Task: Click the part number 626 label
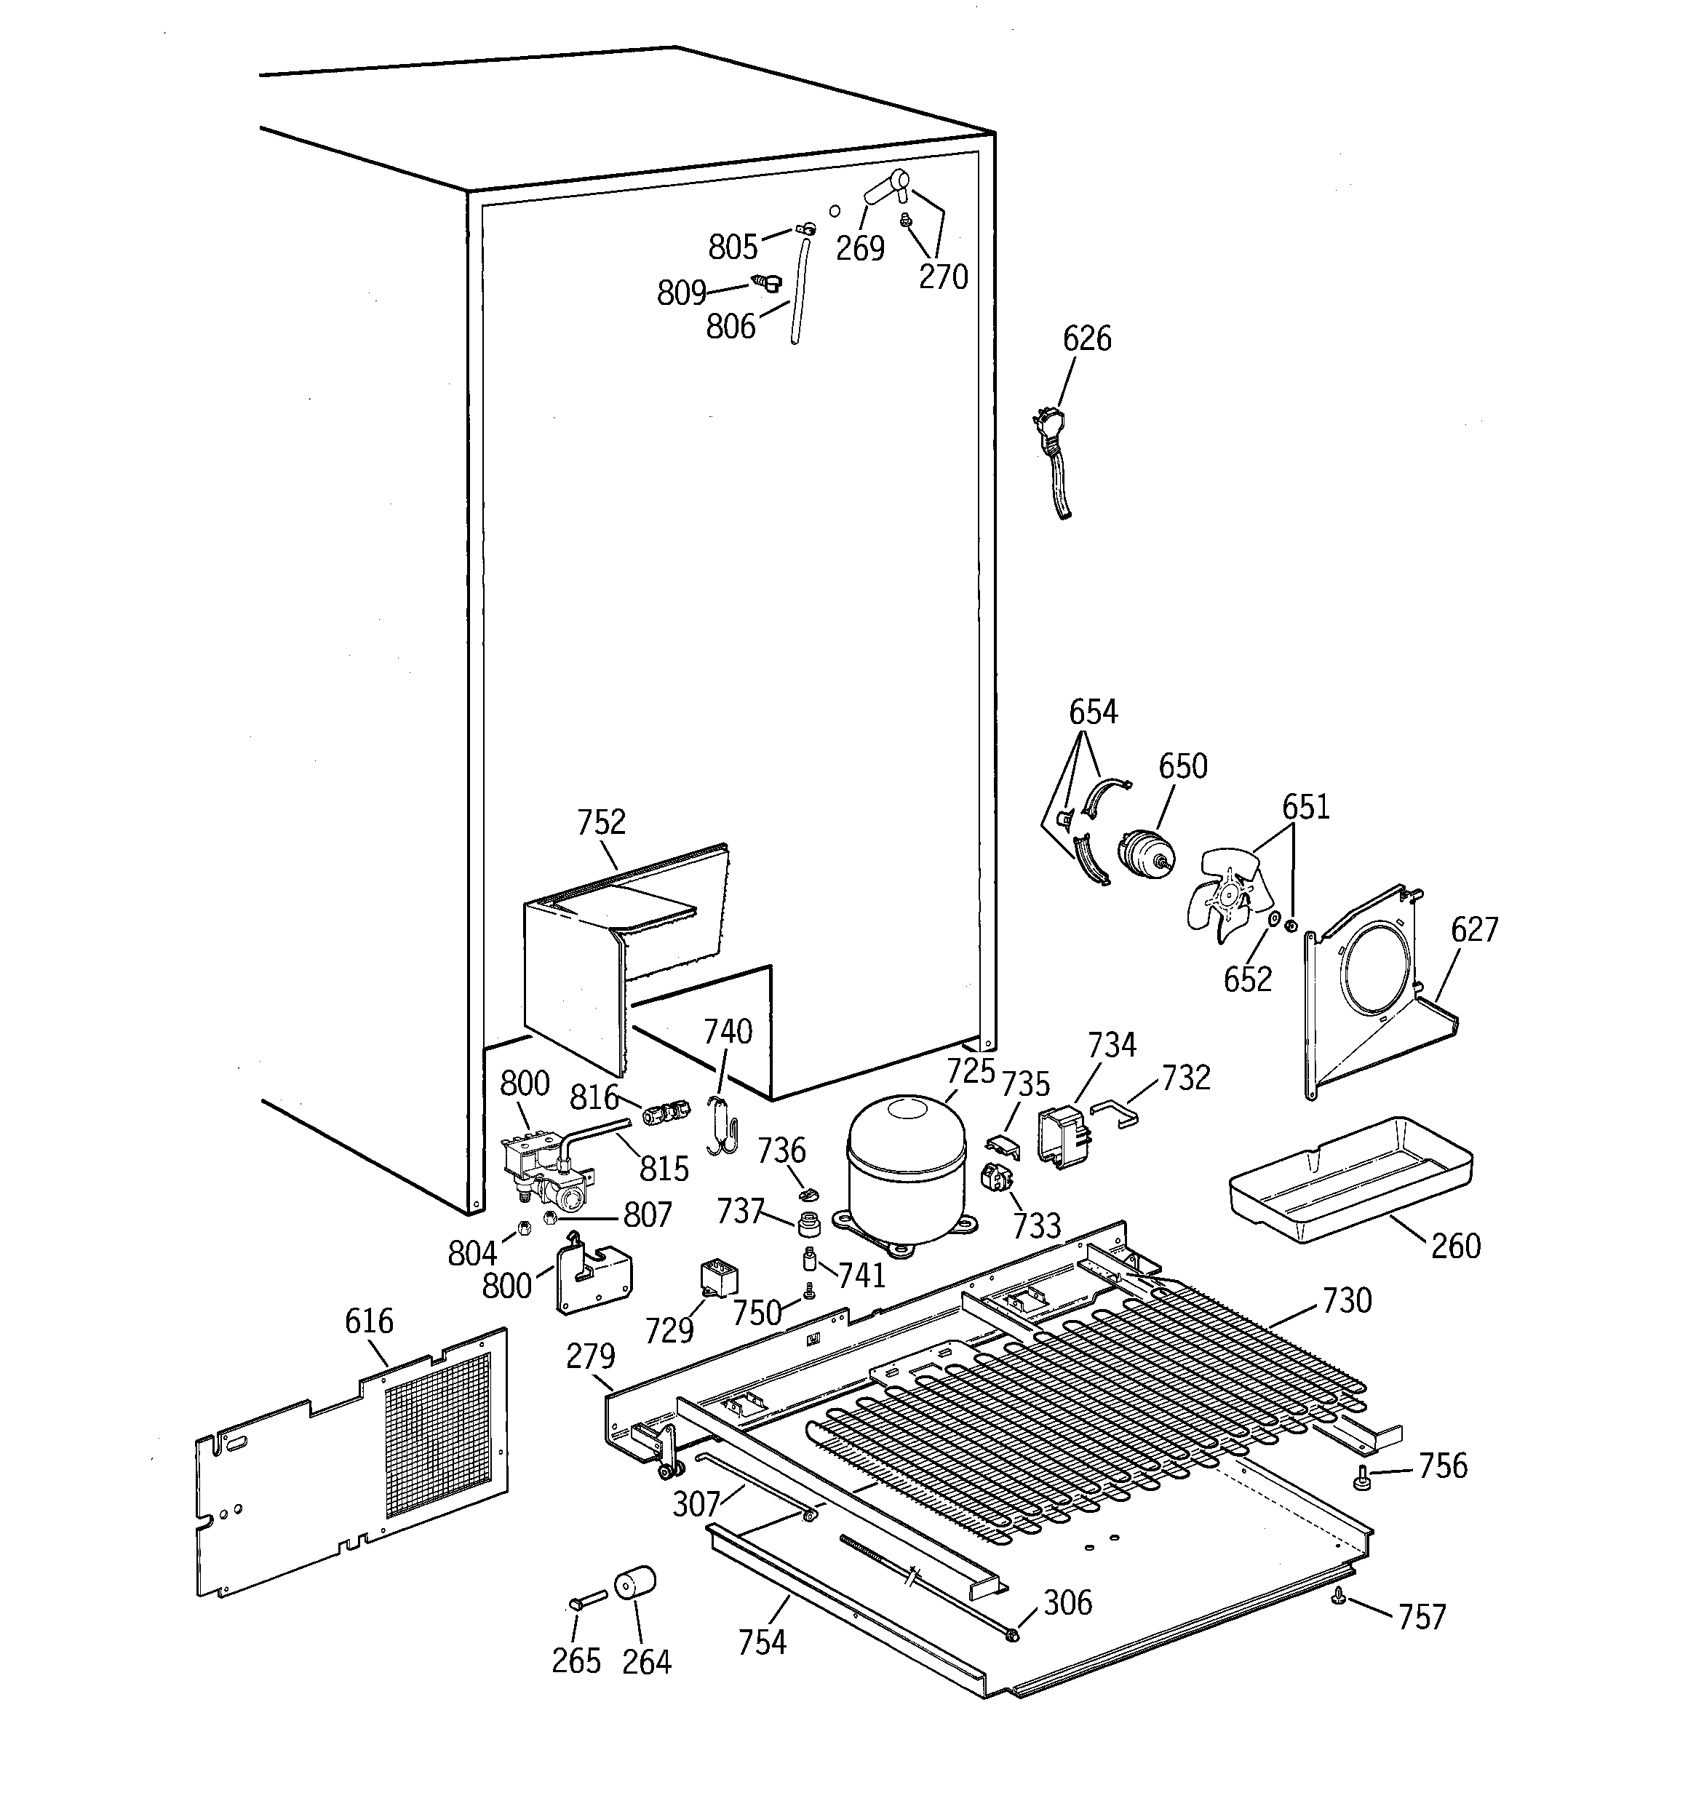(1086, 339)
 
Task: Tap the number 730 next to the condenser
(1347, 1300)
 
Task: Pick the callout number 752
(601, 822)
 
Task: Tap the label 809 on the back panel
(681, 293)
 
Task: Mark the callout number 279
(590, 1356)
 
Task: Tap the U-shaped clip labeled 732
(1115, 1113)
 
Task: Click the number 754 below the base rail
(762, 1642)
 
